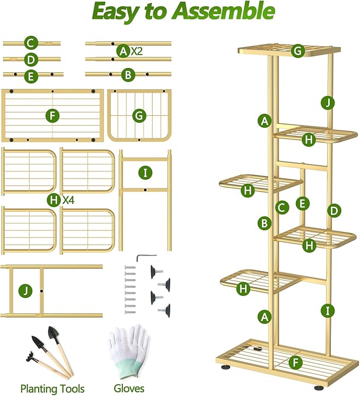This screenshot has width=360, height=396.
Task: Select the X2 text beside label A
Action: point(136,51)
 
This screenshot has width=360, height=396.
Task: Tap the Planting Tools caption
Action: point(52,389)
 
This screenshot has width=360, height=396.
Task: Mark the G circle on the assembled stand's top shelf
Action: point(297,51)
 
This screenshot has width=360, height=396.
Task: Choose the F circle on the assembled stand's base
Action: point(296,363)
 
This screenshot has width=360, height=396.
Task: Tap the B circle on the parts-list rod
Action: point(127,75)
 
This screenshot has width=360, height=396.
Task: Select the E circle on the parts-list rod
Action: point(31,76)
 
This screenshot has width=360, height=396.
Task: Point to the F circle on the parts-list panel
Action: point(51,116)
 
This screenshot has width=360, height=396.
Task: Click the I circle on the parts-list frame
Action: point(145,173)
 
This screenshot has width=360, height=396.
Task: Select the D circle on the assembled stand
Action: point(333,210)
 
